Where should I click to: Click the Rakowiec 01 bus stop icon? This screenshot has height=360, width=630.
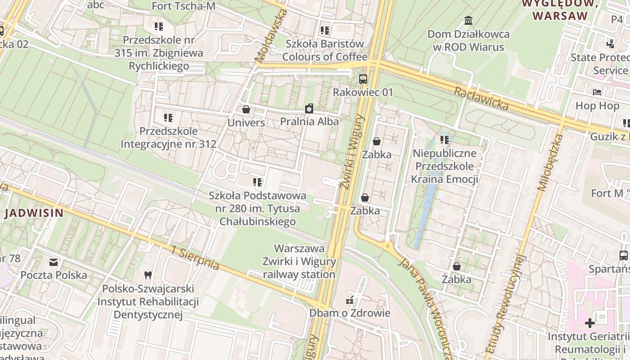[363, 79]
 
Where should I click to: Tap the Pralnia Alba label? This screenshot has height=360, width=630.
[309, 121]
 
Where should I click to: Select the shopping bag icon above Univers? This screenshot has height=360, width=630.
[246, 109]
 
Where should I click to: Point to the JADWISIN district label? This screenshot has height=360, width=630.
[34, 213]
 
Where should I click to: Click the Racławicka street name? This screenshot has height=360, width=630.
[481, 99]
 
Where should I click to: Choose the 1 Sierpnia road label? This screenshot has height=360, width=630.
[196, 258]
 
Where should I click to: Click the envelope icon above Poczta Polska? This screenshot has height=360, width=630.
[54, 262]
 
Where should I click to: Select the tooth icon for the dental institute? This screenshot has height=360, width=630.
[148, 275]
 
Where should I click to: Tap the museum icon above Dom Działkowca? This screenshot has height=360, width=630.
[468, 21]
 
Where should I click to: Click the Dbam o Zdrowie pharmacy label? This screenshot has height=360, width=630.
[350, 313]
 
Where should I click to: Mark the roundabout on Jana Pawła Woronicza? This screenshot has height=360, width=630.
[387, 246]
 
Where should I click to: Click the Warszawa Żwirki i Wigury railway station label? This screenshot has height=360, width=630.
[299, 261]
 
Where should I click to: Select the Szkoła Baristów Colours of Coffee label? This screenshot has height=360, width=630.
[325, 50]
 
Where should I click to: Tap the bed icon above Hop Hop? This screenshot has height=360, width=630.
[597, 92]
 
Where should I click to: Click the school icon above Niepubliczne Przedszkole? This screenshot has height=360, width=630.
[445, 140]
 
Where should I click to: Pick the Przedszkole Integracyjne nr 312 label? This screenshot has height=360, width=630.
[168, 138]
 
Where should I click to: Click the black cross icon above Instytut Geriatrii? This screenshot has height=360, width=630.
[589, 323]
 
